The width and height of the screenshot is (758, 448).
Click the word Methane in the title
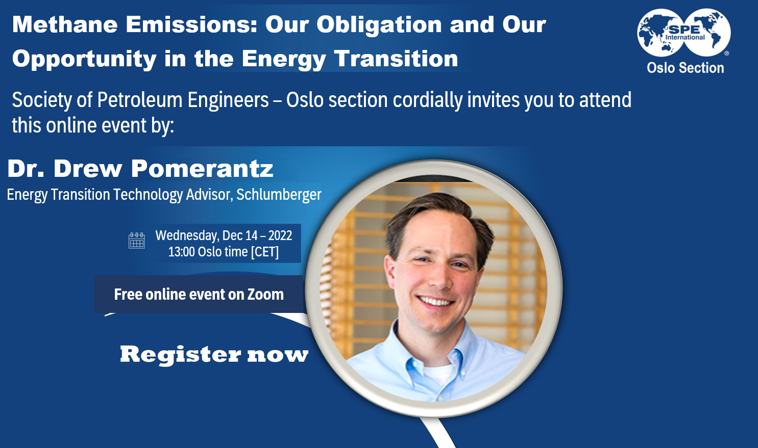click(x=65, y=24)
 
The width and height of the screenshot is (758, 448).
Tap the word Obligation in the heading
click(x=379, y=25)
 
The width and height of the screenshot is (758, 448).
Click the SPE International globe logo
click(x=683, y=33)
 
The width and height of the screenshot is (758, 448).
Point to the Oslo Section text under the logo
click(x=685, y=68)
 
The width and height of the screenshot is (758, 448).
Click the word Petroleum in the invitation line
click(x=140, y=100)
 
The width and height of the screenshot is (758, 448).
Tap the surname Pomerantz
click(x=202, y=168)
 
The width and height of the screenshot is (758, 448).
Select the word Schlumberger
click(x=279, y=195)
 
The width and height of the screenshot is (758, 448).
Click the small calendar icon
click(x=137, y=241)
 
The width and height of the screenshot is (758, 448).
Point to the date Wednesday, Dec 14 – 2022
click(x=224, y=235)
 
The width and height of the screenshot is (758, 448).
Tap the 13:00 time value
click(x=181, y=252)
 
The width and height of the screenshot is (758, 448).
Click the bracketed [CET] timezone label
click(x=264, y=252)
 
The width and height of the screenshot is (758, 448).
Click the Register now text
click(x=214, y=355)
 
